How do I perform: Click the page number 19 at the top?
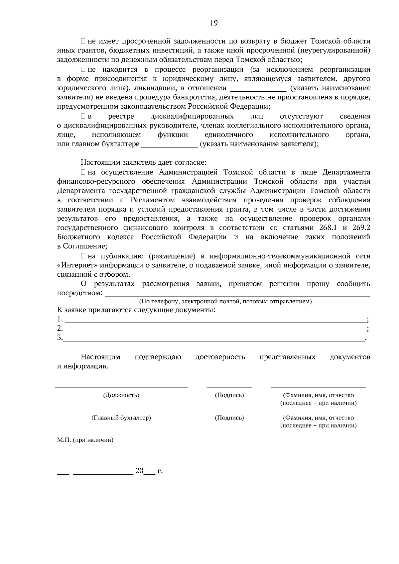[213, 23]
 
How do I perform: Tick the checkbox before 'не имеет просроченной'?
[83, 42]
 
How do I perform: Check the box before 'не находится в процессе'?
[83, 70]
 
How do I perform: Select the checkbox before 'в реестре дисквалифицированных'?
[83, 117]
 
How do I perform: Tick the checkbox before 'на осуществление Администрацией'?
[83, 172]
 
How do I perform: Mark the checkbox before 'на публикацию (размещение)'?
[83, 256]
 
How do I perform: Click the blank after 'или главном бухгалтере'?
[170, 145]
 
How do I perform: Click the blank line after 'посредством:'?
[237, 294]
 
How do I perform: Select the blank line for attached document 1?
[215, 320]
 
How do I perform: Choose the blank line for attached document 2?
[215, 329]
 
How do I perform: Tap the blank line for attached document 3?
[214, 338]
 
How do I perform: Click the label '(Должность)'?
[121, 395]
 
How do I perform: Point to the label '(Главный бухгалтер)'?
[121, 418]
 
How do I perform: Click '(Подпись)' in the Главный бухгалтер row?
[229, 418]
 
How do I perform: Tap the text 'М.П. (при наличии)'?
[85, 440]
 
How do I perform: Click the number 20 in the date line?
[139, 471]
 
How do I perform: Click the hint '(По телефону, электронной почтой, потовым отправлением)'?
[225, 302]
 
